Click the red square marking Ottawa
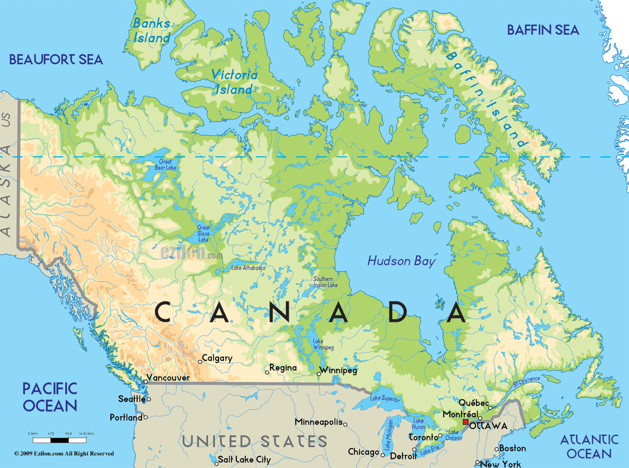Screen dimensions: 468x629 [466, 422]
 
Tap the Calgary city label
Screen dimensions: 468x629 [217, 358]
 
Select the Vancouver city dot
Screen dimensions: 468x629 [146, 382]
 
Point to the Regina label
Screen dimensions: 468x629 [283, 368]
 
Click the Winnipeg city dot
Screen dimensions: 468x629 [319, 374]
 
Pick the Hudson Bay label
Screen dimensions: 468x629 [401, 261]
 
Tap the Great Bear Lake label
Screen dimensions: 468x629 [165, 165]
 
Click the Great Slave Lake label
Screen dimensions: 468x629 [203, 233]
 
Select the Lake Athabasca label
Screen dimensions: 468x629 [248, 268]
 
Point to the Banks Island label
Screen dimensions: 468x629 [152, 30]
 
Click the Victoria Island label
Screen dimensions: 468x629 [234, 82]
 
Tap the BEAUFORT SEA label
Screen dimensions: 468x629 [56, 60]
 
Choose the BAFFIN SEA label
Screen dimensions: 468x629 [543, 30]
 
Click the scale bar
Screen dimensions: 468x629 [60, 440]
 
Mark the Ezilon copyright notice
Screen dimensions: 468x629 [64, 454]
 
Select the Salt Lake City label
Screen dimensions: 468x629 [244, 460]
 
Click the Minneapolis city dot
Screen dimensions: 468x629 [345, 424]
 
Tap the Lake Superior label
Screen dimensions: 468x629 [385, 398]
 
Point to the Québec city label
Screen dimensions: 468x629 [474, 403]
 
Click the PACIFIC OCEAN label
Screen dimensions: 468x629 [50, 397]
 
